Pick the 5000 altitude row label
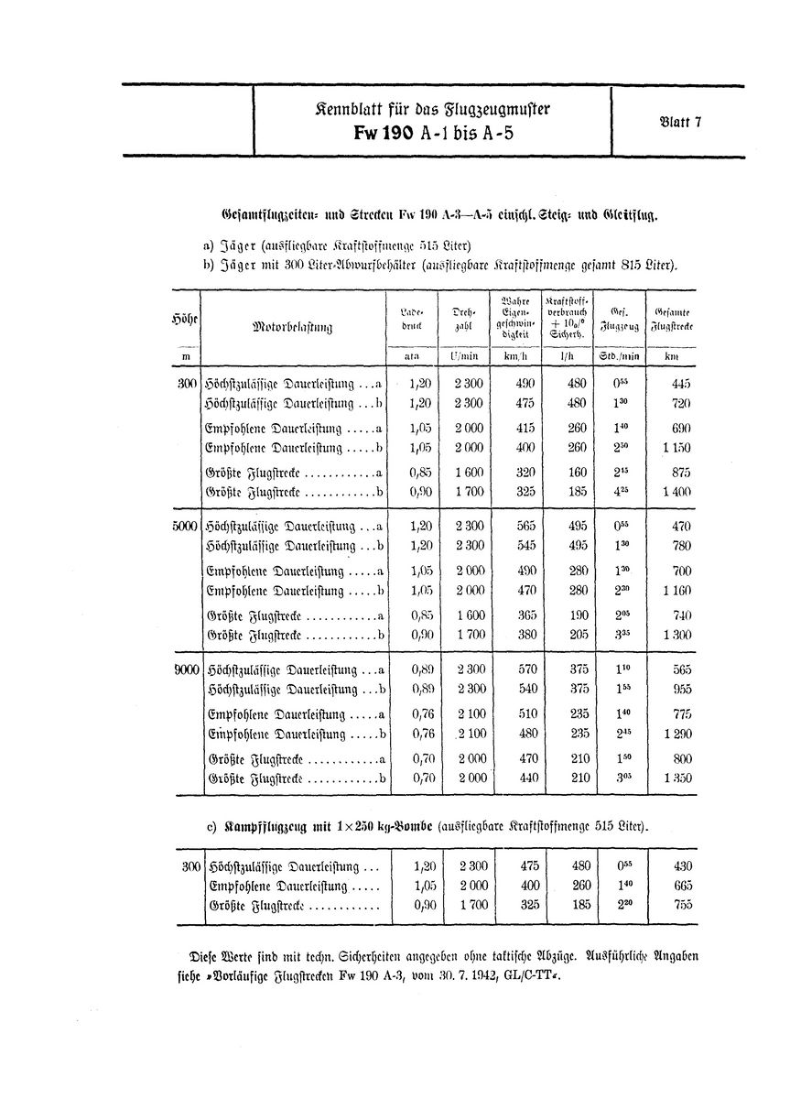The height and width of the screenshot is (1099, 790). [x=184, y=527]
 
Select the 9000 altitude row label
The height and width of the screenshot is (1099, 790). [x=186, y=670]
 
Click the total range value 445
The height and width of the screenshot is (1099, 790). [x=680, y=384]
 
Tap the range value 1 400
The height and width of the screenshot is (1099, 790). [x=676, y=492]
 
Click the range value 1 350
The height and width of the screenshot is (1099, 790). [x=676, y=778]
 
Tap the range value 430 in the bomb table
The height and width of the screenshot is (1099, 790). [x=680, y=865]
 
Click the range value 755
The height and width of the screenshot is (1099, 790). [x=680, y=906]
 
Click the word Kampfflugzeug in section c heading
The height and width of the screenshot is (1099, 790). [x=260, y=827]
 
